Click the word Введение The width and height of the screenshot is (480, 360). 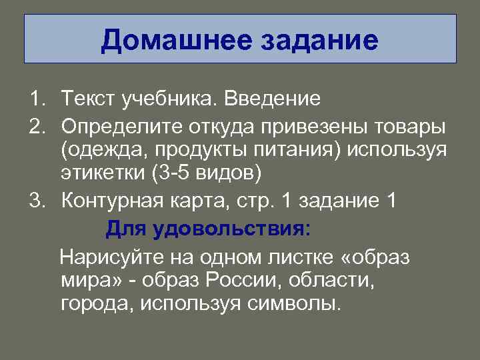(x=272, y=99)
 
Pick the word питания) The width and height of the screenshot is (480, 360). (x=306, y=151)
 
